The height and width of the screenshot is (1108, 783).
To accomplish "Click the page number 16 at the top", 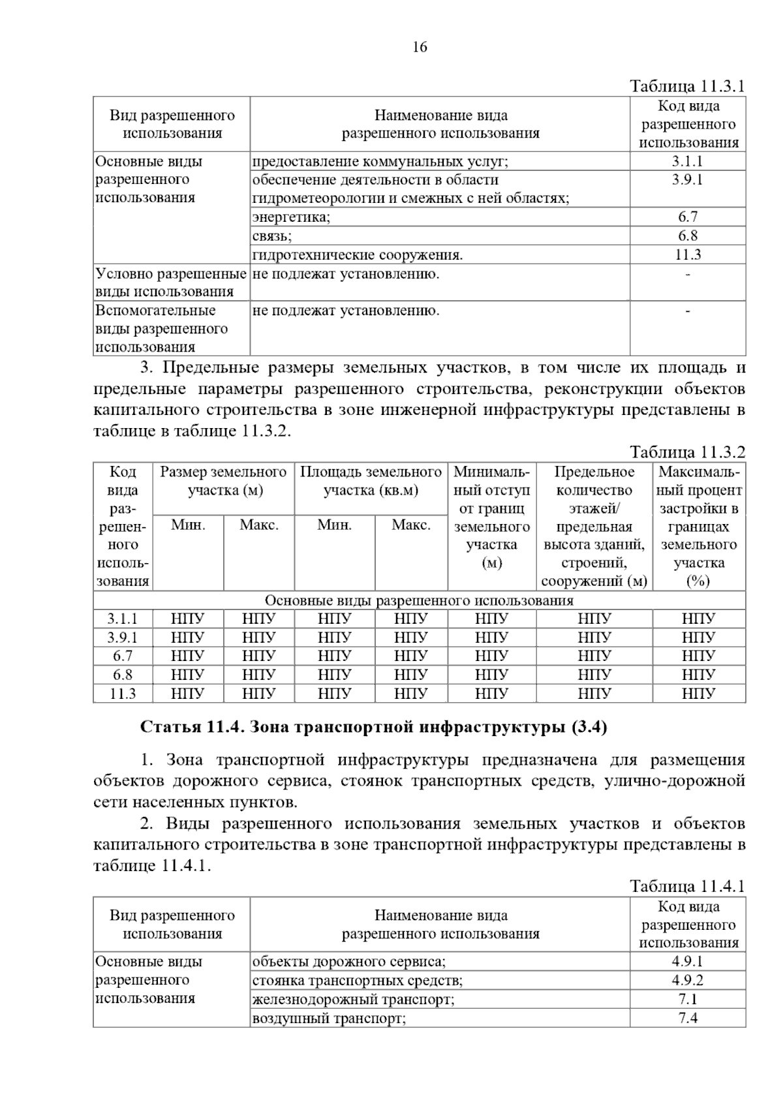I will [420, 47].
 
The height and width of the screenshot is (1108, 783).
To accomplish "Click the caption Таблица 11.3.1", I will [687, 86].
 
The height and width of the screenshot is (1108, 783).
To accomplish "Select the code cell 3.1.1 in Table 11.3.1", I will [687, 162].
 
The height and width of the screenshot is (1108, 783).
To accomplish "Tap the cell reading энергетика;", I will [292, 217].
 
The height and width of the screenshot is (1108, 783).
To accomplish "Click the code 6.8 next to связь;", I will [687, 236].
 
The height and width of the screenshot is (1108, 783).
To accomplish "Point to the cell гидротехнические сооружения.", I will [358, 255].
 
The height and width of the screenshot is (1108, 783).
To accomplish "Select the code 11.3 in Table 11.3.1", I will [687, 255].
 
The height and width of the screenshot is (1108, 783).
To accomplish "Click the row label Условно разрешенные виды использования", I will [171, 283].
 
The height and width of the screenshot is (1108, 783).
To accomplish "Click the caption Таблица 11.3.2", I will [687, 452].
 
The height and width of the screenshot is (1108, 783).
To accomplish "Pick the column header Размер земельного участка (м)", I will [223, 481].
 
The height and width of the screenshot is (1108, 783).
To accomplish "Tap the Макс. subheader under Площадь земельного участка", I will [411, 525].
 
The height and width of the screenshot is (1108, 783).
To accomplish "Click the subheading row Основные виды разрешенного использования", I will [419, 600].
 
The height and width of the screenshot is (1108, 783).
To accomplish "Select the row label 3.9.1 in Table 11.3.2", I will [123, 638].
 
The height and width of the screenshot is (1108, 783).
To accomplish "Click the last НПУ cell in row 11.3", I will [698, 694].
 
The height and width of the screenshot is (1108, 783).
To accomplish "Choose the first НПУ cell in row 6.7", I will [188, 656].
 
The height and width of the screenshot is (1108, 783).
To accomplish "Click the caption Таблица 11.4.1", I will [687, 886].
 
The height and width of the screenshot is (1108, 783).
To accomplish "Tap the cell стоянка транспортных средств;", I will [358, 981].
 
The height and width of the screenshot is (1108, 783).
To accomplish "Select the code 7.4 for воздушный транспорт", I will [687, 1018].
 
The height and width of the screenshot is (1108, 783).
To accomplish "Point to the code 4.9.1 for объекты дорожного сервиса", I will [687, 962].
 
